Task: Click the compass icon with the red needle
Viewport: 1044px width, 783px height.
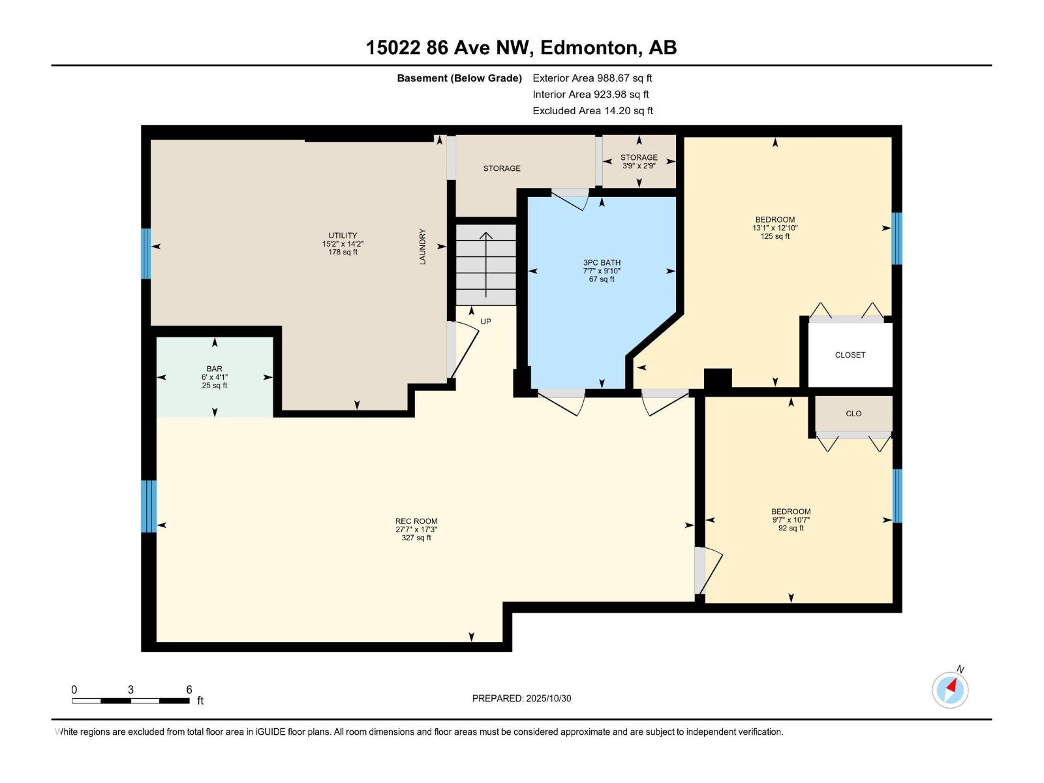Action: (x=950, y=690)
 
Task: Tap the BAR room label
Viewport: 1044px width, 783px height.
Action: (x=214, y=369)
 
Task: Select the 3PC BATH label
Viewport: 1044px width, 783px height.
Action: (x=602, y=263)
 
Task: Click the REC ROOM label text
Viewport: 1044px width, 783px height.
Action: (x=416, y=521)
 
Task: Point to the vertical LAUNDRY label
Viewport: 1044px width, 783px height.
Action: (x=422, y=247)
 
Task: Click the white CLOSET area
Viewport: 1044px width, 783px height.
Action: (x=850, y=355)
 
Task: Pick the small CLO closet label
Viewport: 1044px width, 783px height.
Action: (x=853, y=414)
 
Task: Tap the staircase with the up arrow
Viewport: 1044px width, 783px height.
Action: (x=486, y=264)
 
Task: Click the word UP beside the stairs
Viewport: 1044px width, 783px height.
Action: (x=485, y=322)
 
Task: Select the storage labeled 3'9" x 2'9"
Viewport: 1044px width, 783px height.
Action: (x=639, y=161)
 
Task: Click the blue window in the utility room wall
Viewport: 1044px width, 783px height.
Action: (x=146, y=253)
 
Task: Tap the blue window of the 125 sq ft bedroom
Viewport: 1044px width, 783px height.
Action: (x=897, y=238)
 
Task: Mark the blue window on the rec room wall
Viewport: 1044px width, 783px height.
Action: (x=149, y=506)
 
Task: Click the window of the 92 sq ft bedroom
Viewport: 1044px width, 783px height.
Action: (x=897, y=496)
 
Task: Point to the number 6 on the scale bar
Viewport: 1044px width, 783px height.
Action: (x=189, y=690)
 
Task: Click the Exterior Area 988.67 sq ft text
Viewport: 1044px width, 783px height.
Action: (x=592, y=78)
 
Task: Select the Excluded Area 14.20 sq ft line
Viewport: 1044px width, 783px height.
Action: (x=592, y=111)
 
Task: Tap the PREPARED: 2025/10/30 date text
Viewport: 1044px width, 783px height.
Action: (x=521, y=698)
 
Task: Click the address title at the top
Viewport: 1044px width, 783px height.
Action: (x=521, y=48)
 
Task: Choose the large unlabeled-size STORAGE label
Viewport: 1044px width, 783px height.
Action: (x=502, y=168)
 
